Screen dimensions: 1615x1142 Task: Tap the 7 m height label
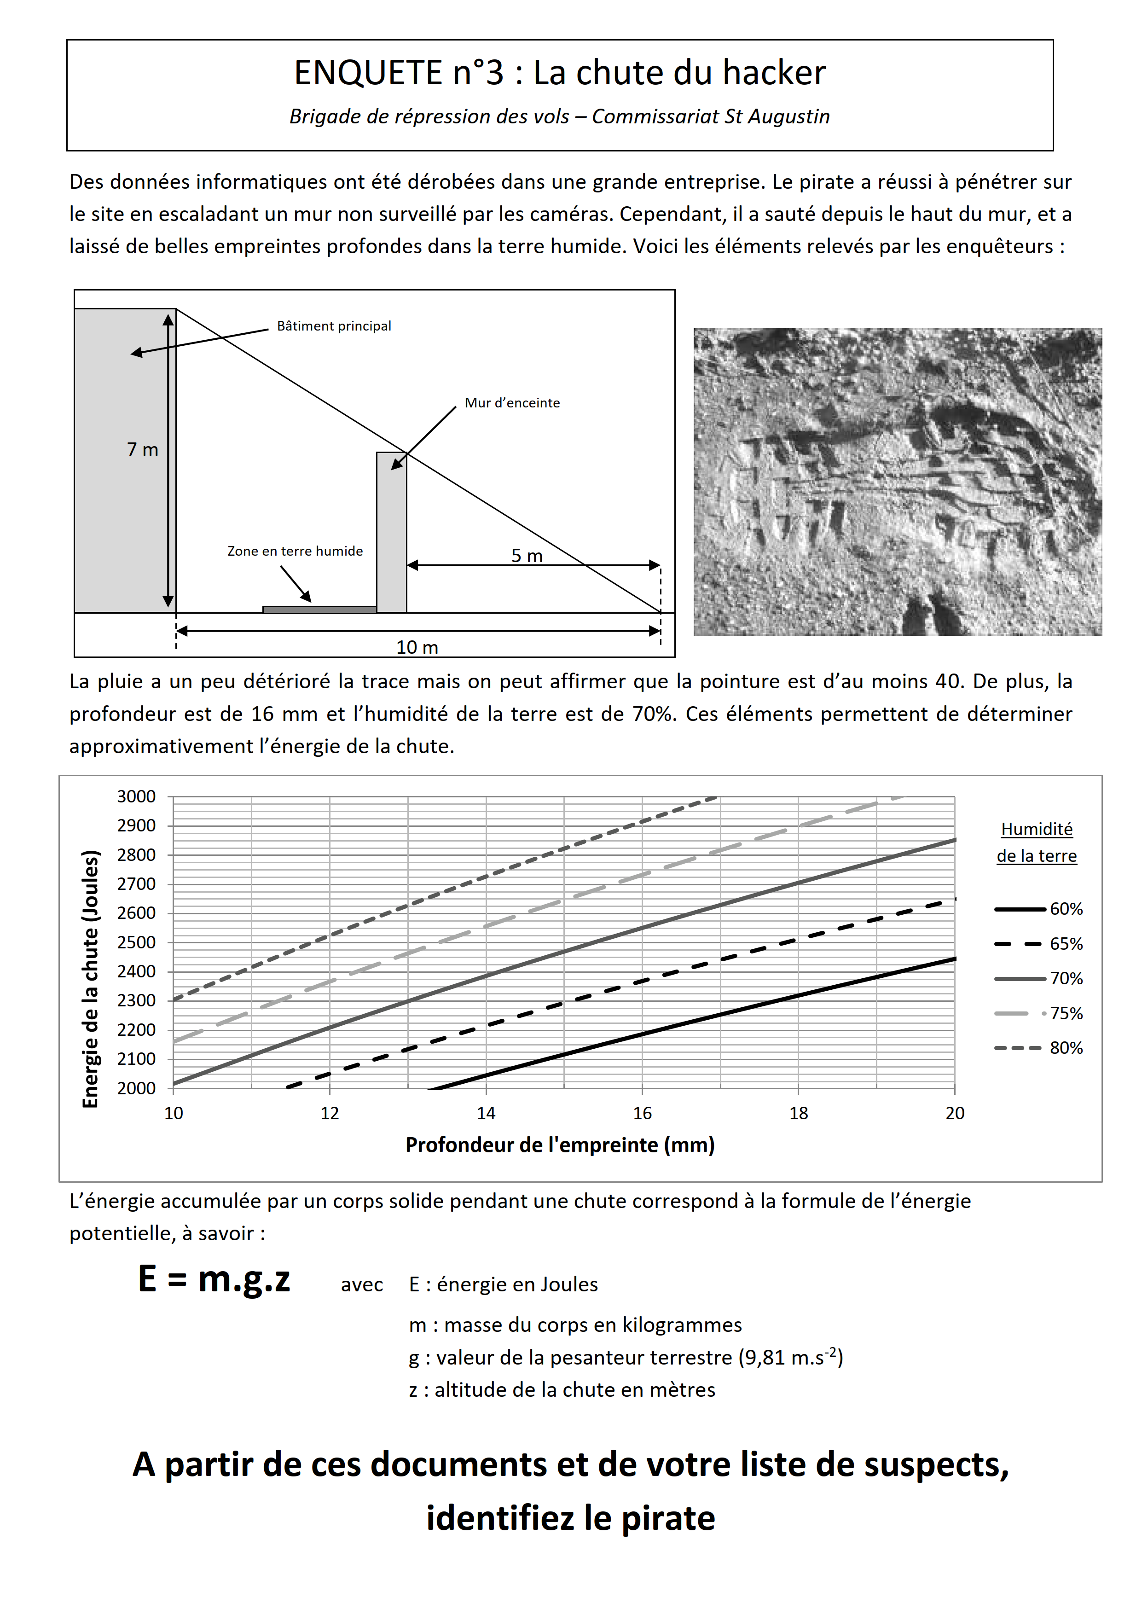coord(142,449)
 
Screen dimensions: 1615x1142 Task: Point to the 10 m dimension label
coord(417,647)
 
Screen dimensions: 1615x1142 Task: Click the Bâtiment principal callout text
coord(334,325)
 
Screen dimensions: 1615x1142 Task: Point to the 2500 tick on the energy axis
coord(136,942)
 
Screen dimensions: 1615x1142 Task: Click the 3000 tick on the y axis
coord(136,796)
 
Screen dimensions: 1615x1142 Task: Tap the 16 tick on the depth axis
coord(642,1113)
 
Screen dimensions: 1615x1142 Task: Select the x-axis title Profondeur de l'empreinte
coord(560,1144)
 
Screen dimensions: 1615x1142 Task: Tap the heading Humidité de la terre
coord(1037,842)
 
